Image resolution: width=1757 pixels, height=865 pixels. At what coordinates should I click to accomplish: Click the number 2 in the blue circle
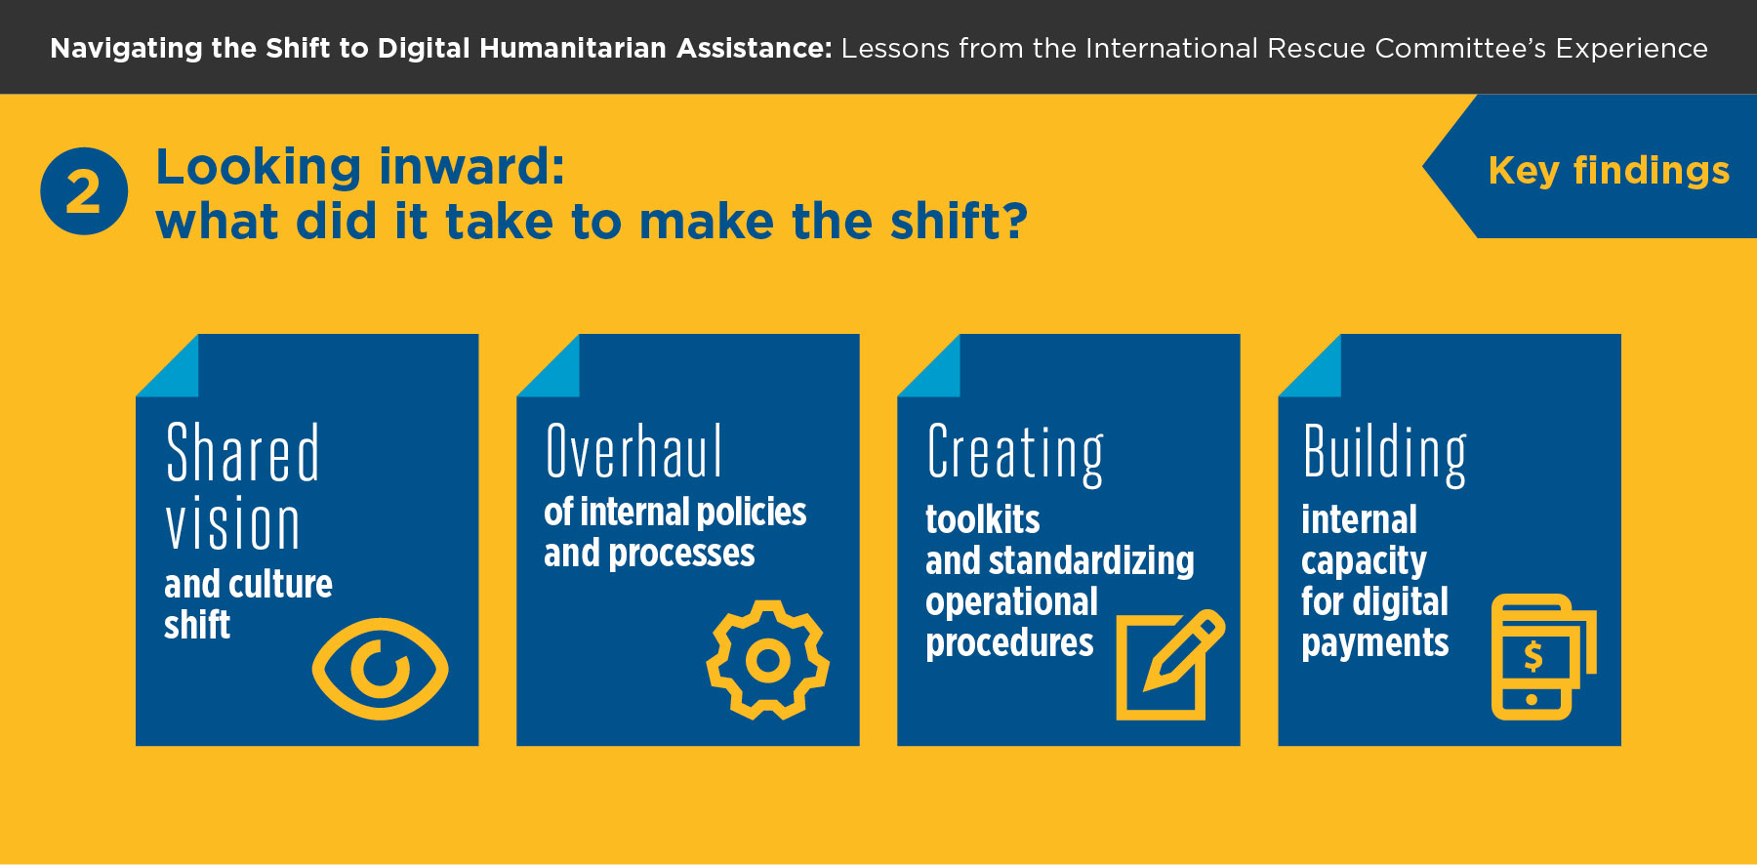coord(84,192)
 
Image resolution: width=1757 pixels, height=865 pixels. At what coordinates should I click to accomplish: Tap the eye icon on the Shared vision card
coord(380,669)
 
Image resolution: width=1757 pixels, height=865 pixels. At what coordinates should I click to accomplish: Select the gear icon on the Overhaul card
coord(768,660)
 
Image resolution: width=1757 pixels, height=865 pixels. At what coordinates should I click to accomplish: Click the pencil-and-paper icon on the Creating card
coord(1170,665)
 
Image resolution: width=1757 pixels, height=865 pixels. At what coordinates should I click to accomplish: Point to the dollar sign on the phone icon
coord(1533,656)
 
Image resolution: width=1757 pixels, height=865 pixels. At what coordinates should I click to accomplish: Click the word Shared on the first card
coord(243,453)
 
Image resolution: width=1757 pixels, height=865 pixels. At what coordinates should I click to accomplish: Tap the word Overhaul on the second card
coord(633,451)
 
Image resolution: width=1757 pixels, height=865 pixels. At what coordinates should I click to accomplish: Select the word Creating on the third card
coord(1015,454)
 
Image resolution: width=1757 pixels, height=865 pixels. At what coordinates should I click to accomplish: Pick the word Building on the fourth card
coord(1385,454)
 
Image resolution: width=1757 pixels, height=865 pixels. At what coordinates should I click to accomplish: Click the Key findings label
coord(1609,170)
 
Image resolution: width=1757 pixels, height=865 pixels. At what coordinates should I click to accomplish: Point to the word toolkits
coord(983,519)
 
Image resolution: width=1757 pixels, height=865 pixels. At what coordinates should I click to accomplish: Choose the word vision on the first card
coord(232,524)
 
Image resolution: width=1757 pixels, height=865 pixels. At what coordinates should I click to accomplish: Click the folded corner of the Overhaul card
coord(548,366)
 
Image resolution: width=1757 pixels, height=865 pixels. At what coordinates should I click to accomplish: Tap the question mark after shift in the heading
coord(1015,221)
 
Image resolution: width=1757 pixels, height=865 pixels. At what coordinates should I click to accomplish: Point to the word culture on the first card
coord(280,584)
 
